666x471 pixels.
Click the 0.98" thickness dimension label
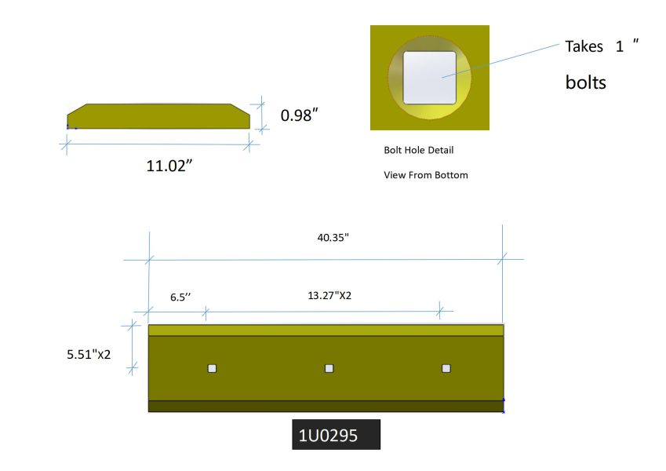click(299, 115)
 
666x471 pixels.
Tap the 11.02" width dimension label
click(169, 166)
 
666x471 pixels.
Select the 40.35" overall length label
click(333, 237)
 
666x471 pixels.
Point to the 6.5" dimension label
click(180, 297)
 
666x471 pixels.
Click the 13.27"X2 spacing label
click(329, 295)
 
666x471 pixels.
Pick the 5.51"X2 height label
click(89, 354)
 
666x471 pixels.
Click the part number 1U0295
click(328, 436)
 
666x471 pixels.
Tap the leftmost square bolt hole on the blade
click(212, 368)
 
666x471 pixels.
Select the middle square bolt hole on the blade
click(329, 368)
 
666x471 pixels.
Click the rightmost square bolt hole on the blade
click(446, 368)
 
